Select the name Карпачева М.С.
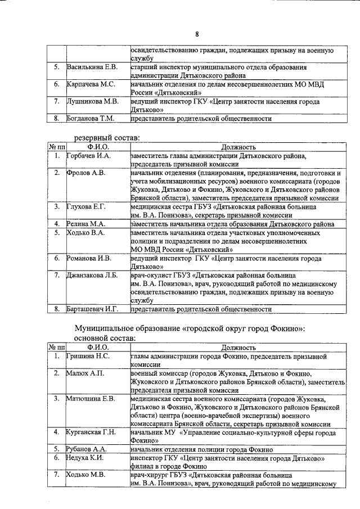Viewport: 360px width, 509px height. (x=91, y=84)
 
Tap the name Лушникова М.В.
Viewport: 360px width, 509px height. (x=92, y=102)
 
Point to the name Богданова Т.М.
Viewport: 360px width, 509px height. (x=91, y=119)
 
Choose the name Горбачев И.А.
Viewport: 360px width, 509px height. (x=89, y=155)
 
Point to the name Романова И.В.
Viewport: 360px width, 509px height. (x=89, y=258)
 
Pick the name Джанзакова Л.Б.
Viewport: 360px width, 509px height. (x=93, y=276)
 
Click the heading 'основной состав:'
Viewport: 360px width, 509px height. (x=105, y=339)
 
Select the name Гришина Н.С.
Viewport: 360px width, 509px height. (x=88, y=357)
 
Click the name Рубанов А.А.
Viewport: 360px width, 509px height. (x=87, y=449)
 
